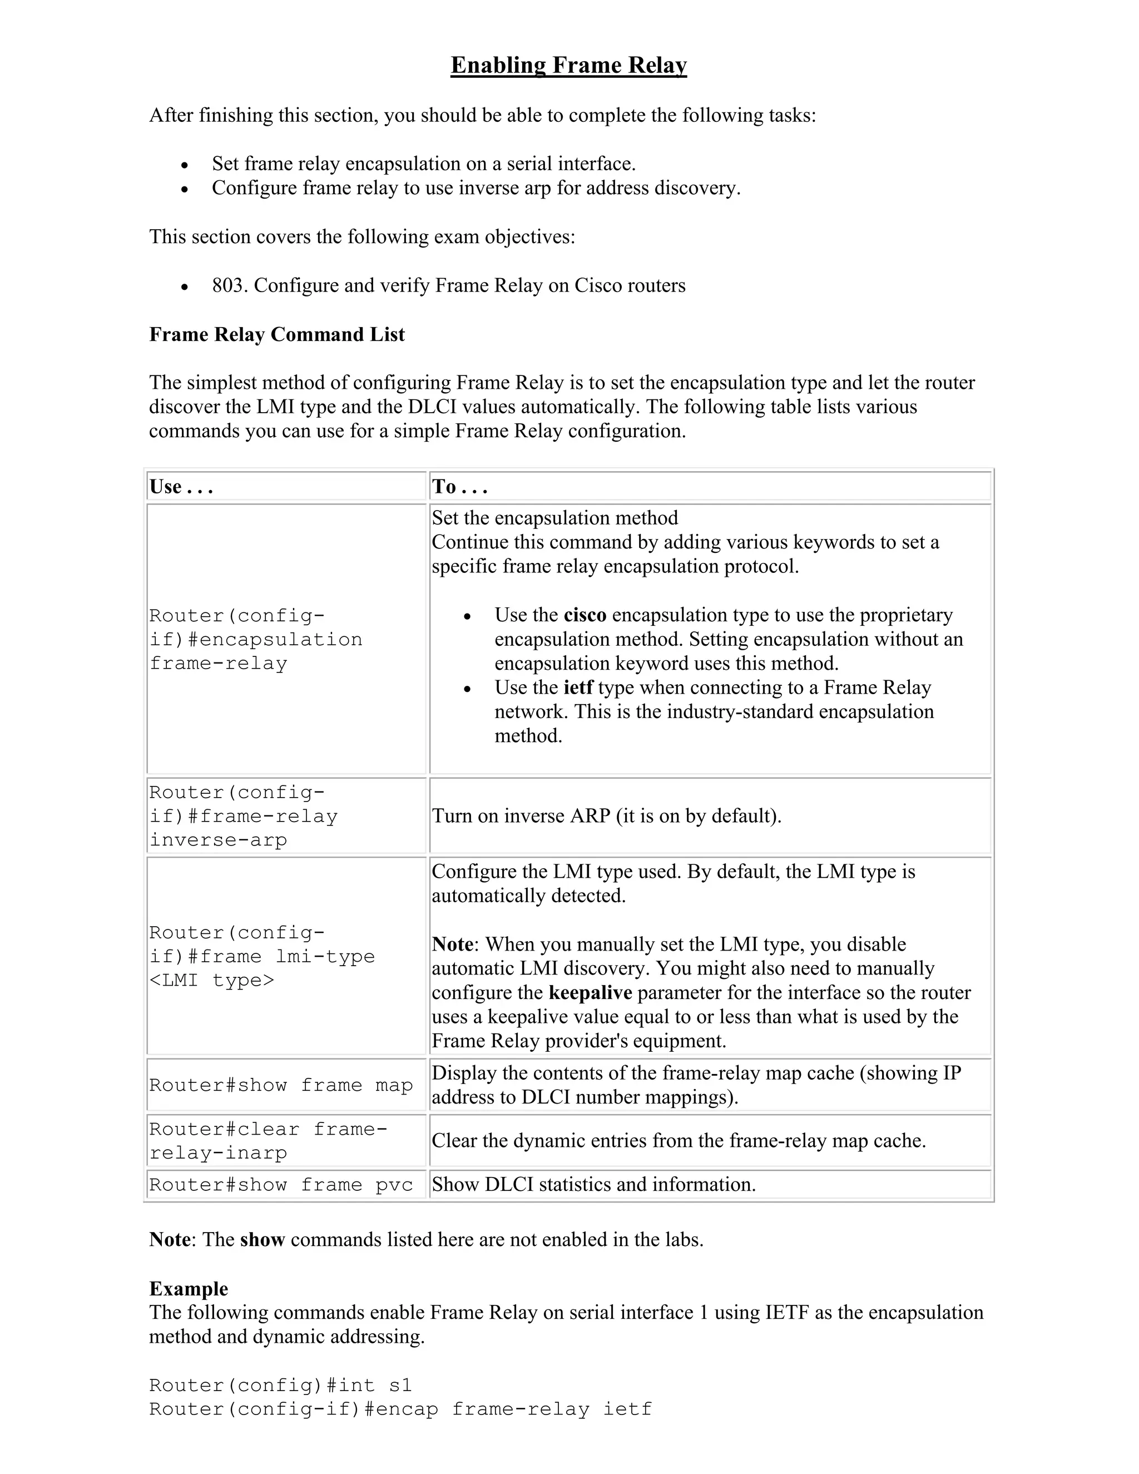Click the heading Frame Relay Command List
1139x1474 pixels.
coord(276,334)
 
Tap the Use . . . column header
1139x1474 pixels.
coord(181,487)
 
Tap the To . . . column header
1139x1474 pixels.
coord(459,487)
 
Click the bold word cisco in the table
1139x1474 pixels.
coord(585,615)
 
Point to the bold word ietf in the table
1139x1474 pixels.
coord(578,687)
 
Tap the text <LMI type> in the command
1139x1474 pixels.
coord(212,980)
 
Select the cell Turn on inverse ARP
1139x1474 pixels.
coord(606,816)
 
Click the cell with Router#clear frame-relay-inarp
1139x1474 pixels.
coord(268,1141)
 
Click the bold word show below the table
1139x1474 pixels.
coord(263,1240)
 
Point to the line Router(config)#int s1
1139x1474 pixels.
coord(280,1386)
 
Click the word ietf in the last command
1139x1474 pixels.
coord(627,1409)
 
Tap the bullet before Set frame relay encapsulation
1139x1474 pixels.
coord(184,165)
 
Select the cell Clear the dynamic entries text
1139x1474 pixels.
coord(678,1141)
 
